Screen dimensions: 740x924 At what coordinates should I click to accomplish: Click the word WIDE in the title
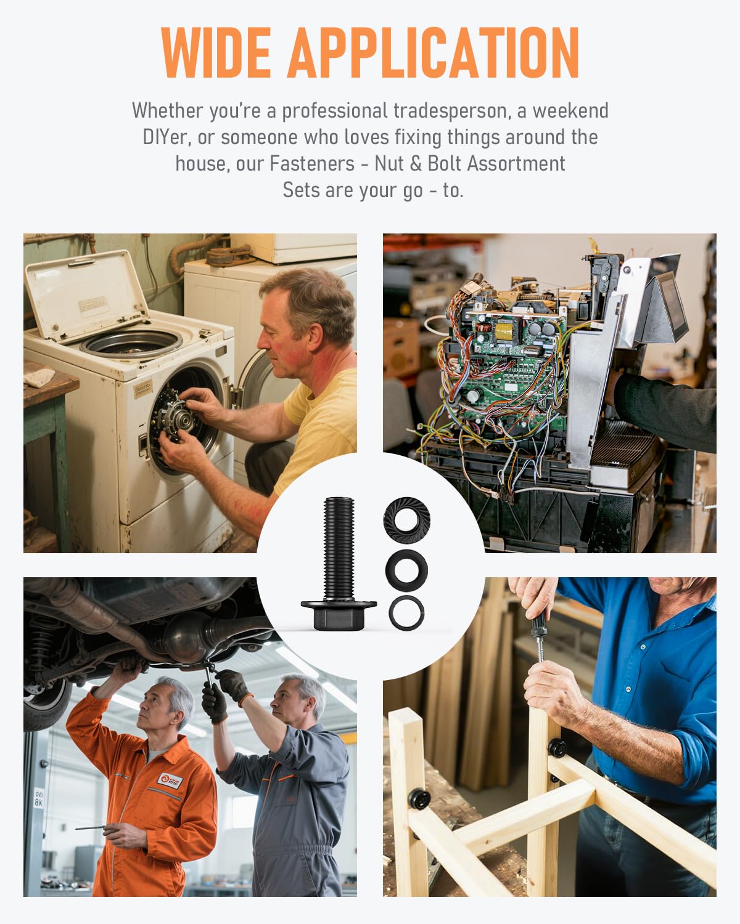pyautogui.click(x=216, y=52)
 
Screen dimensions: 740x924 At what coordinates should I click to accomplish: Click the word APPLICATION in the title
pyautogui.click(x=434, y=52)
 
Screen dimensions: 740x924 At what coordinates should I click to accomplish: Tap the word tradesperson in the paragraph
pyautogui.click(x=452, y=111)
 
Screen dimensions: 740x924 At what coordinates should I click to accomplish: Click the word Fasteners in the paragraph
pyautogui.click(x=312, y=164)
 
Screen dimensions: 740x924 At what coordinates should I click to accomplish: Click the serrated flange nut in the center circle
pyautogui.click(x=407, y=520)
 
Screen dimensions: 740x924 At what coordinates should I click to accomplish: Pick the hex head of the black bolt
pyautogui.click(x=339, y=614)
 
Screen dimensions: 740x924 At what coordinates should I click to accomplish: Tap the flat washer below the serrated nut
pyautogui.click(x=407, y=570)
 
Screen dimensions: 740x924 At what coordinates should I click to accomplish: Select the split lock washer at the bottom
pyautogui.click(x=407, y=613)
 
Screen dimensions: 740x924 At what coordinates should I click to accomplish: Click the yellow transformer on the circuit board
pyautogui.click(x=504, y=331)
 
